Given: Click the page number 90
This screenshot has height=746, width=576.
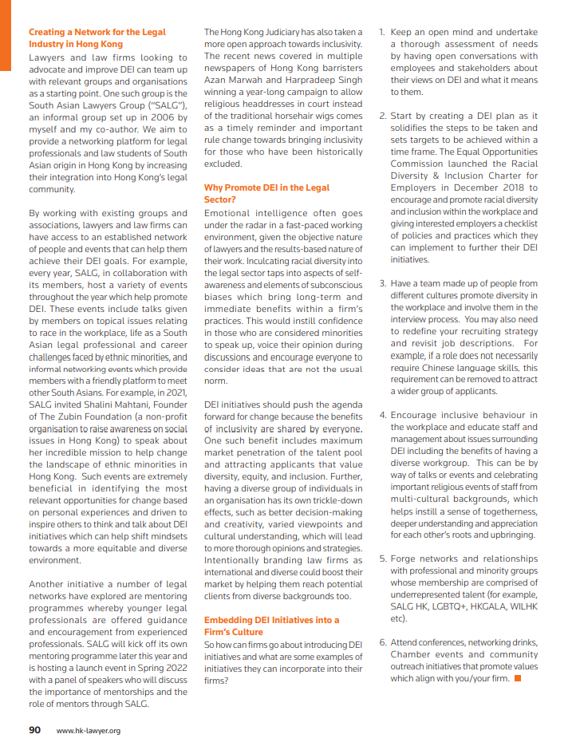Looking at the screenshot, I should pyautogui.click(x=35, y=729).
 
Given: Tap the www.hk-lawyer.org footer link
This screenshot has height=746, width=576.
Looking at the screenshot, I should pyautogui.click(x=88, y=730).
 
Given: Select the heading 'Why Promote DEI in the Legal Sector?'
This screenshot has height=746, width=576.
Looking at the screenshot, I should pyautogui.click(x=266, y=193).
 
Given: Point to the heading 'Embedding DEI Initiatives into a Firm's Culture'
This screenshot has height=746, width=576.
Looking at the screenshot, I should pyautogui.click(x=271, y=626).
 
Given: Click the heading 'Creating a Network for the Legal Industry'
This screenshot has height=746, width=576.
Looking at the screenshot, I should pyautogui.click(x=97, y=38).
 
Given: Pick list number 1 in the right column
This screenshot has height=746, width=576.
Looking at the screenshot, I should pyautogui.click(x=382, y=33).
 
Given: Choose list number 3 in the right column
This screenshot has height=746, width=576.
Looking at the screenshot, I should pyautogui.click(x=382, y=283).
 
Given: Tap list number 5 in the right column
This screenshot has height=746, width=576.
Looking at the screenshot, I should pyautogui.click(x=382, y=559).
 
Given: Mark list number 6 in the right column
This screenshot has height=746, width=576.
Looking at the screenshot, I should pyautogui.click(x=382, y=642).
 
